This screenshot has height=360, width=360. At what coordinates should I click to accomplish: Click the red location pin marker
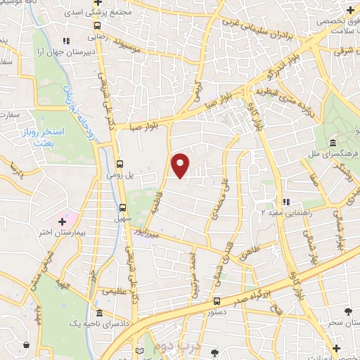(181, 165)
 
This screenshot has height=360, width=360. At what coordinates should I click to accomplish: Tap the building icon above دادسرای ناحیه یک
(99, 313)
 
